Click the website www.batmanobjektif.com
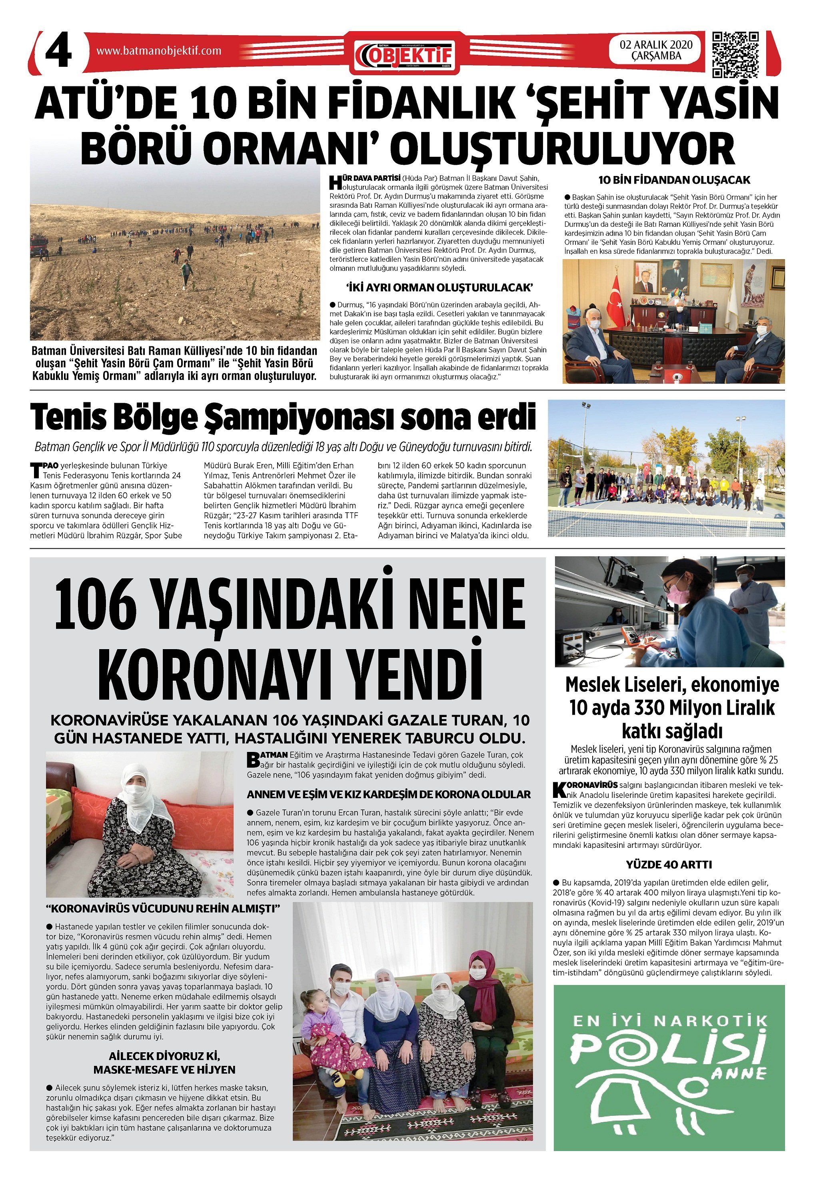159,51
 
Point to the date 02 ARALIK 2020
656,45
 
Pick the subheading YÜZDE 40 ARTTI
669,864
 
